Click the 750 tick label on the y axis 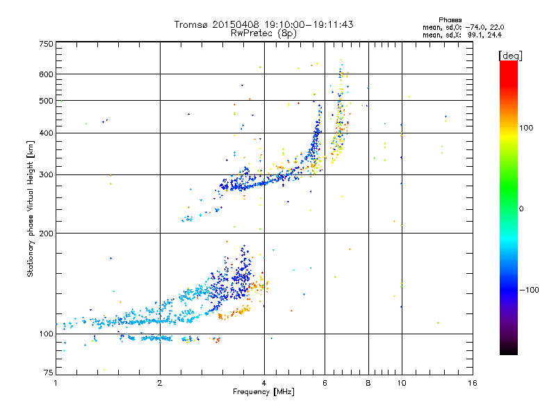tap(47, 44)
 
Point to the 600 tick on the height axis tap(47, 74)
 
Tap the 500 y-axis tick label tap(47, 101)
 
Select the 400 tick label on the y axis tap(47, 133)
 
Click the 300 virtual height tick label tap(47, 174)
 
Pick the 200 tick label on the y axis tap(47, 233)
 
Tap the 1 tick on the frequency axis tap(56, 383)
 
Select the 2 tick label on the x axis tap(160, 383)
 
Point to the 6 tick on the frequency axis tap(325, 383)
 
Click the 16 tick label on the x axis tap(473, 383)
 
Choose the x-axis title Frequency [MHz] tap(263, 392)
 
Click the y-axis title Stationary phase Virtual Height tap(31, 208)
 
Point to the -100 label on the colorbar tap(530, 289)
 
